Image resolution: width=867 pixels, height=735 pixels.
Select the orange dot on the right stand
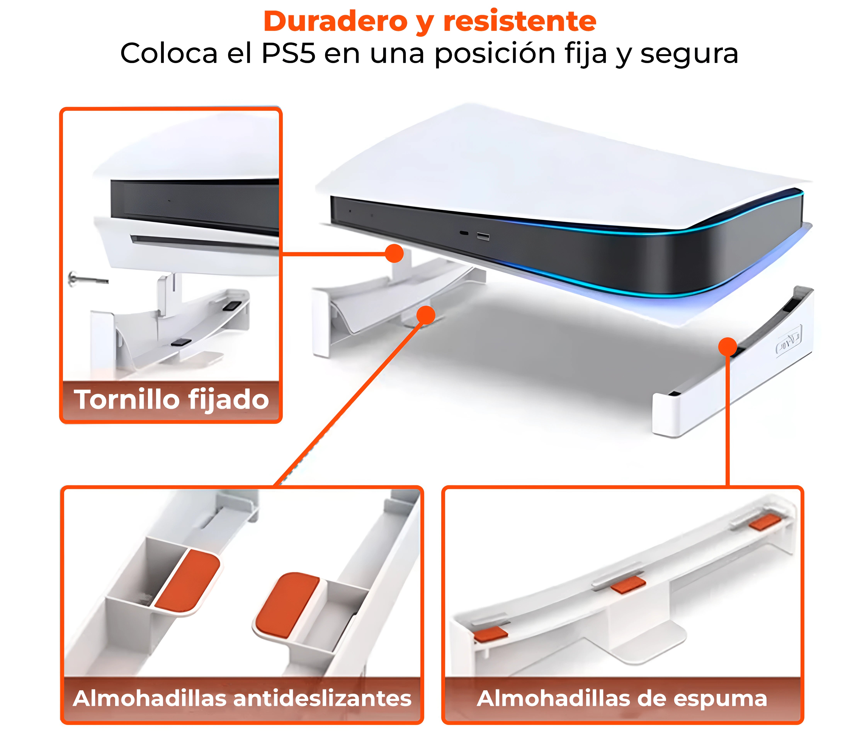coord(728,347)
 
